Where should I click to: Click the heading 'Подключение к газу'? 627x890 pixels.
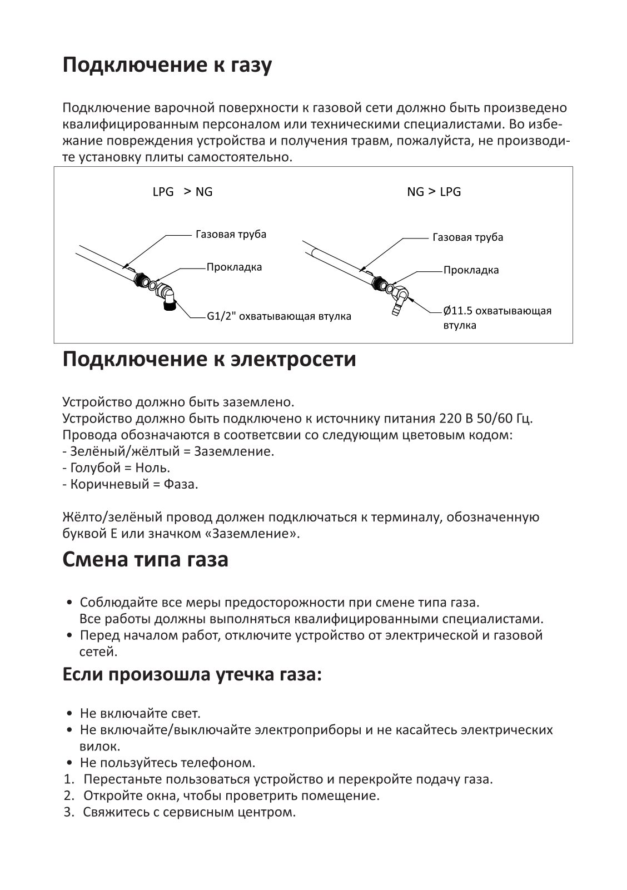point(167,66)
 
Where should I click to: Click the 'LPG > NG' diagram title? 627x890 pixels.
point(182,192)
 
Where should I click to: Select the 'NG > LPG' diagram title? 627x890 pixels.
point(434,192)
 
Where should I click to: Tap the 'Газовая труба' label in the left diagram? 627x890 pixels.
point(231,234)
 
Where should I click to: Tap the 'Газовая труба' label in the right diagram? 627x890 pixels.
point(467,237)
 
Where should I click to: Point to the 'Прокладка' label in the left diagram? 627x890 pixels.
point(234,267)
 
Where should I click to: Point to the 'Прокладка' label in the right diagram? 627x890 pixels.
point(471,270)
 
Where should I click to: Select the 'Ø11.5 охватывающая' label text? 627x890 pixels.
point(497,310)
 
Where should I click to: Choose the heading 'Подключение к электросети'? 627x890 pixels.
point(209,359)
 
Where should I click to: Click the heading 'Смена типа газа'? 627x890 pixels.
point(145,559)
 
